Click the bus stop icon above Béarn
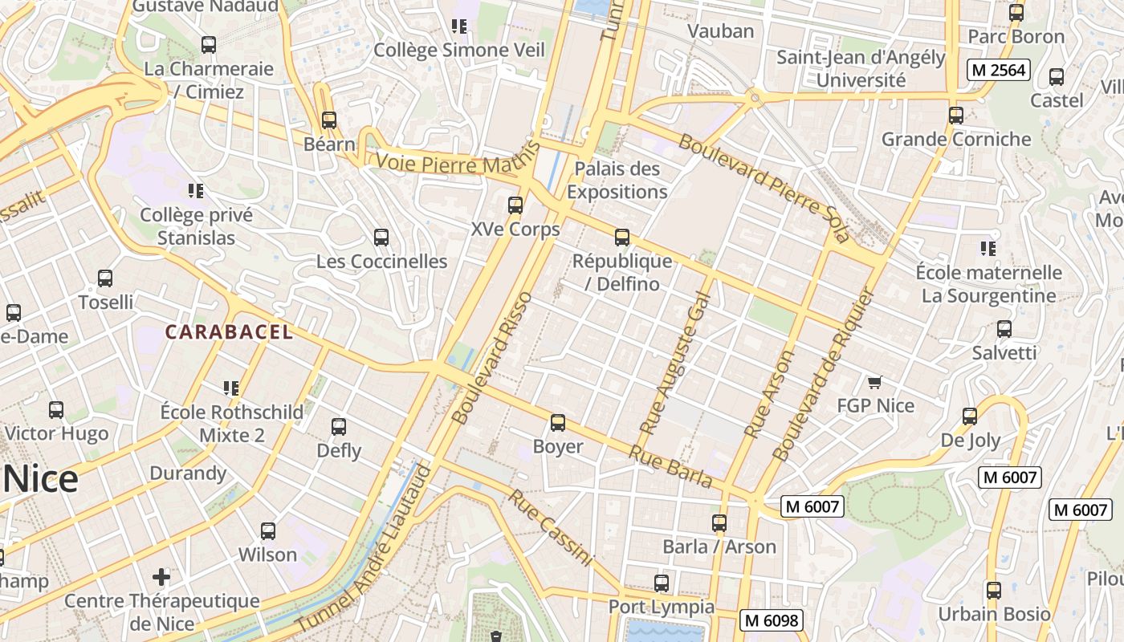point(328,120)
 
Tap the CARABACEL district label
point(229,332)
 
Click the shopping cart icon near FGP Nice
point(874,382)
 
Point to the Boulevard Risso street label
point(492,358)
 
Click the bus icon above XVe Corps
point(515,205)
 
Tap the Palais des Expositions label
point(617,181)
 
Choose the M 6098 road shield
point(772,620)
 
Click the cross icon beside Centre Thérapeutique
point(161,576)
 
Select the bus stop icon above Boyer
point(557,423)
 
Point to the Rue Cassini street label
point(550,528)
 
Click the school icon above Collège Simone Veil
point(459,26)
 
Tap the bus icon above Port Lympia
point(661,583)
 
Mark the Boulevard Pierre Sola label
point(763,187)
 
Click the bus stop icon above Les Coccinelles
point(381,238)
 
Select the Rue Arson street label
point(770,393)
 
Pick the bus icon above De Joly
point(970,416)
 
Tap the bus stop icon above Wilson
point(268,531)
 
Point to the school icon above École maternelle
point(988,249)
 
